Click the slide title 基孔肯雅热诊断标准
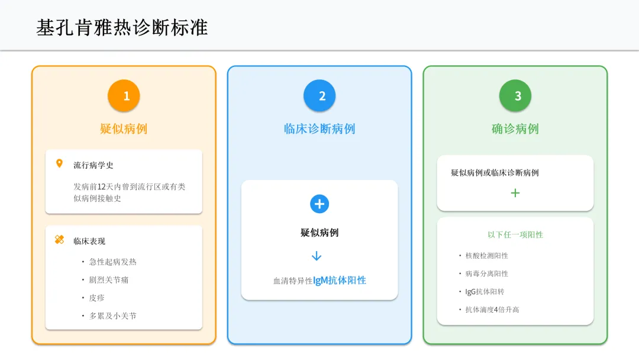pos(122,28)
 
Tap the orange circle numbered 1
pos(124,96)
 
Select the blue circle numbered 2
pos(319,96)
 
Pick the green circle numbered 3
pos(515,96)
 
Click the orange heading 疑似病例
pos(124,128)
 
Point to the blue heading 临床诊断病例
pos(319,128)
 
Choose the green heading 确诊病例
pos(515,128)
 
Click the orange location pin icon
pos(59,164)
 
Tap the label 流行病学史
pos(93,165)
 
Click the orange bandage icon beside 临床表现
pos(59,240)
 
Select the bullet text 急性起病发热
pos(112,262)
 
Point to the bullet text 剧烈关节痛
pos(109,279)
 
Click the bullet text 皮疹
pos(97,298)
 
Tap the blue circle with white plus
pos(319,204)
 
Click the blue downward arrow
pos(317,256)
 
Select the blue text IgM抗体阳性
pos(340,281)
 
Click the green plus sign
pos(515,193)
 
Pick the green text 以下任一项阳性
pos(515,234)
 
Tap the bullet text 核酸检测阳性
pos(487,256)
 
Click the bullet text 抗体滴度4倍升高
pos(492,310)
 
